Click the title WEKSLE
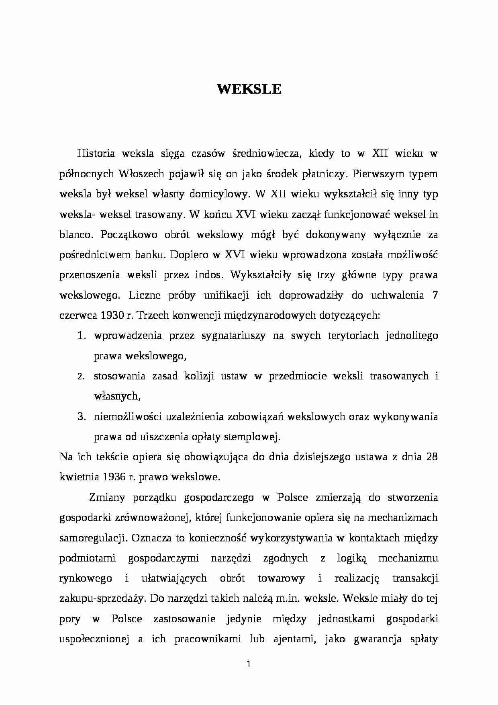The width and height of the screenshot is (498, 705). coord(249,89)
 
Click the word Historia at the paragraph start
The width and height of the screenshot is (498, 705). coord(96,154)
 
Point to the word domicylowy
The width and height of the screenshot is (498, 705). coord(217,194)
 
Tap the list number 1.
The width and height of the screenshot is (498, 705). coord(81,336)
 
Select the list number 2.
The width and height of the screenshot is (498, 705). coord(81,377)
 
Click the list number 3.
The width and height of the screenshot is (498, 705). coord(81,417)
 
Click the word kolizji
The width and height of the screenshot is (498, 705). coord(199,376)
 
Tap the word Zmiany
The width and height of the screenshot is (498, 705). coord(106,498)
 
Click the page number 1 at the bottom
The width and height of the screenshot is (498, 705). coord(249,665)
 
